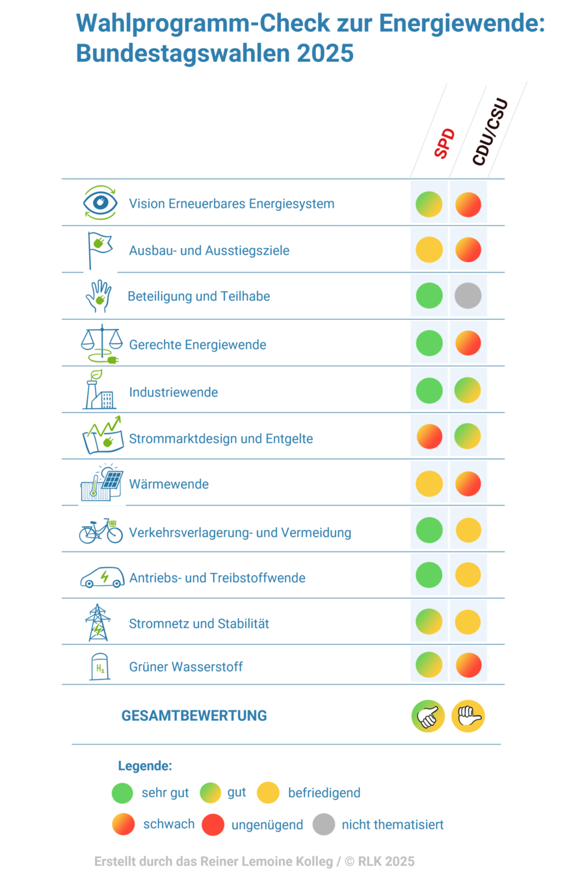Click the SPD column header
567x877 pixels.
pyautogui.click(x=445, y=144)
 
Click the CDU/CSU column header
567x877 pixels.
pyautogui.click(x=489, y=133)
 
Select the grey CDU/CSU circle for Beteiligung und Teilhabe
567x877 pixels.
pyautogui.click(x=468, y=296)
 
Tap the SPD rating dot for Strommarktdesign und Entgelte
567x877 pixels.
pyautogui.click(x=429, y=436)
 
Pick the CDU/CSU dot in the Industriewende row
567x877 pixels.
pyautogui.click(x=468, y=390)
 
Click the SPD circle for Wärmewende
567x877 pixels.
pyautogui.click(x=429, y=484)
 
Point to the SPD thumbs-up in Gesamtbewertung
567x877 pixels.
pyautogui.click(x=428, y=716)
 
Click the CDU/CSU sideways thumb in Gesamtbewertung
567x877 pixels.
pyautogui.click(x=468, y=716)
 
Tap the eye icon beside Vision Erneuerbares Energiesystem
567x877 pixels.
pyautogui.click(x=100, y=202)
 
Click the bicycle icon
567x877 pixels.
pyautogui.click(x=101, y=531)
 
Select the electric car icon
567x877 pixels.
pyautogui.click(x=102, y=577)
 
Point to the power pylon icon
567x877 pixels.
pyautogui.click(x=98, y=622)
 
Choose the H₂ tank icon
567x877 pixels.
pyautogui.click(x=99, y=667)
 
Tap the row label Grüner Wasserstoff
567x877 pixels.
pyautogui.click(x=186, y=667)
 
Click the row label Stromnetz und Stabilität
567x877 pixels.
pyautogui.click(x=199, y=623)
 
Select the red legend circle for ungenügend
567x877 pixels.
pyautogui.click(x=213, y=824)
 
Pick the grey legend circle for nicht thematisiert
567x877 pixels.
pyautogui.click(x=324, y=824)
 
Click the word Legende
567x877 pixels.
pyautogui.click(x=145, y=766)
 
